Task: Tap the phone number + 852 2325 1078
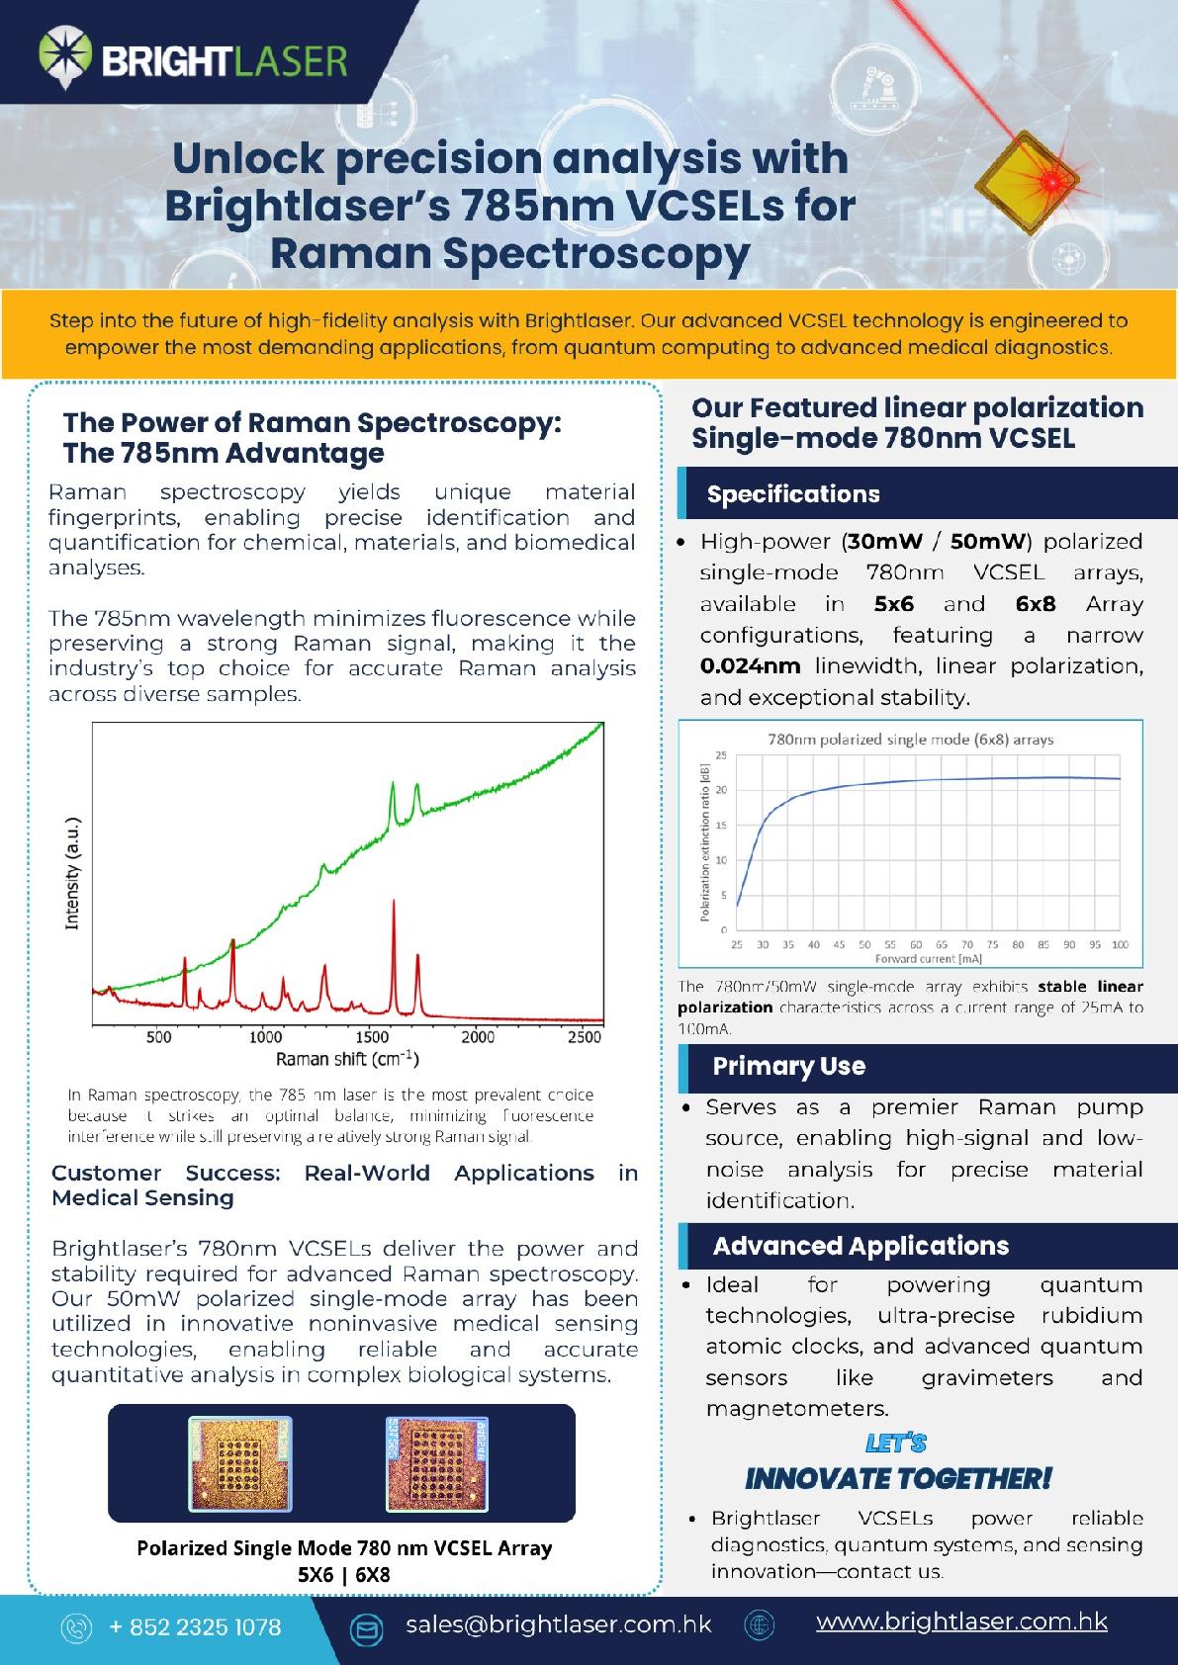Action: [195, 1626]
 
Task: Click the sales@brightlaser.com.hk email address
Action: [558, 1624]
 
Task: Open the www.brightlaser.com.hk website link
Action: [960, 1621]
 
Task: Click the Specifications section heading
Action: [792, 494]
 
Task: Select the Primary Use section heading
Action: [788, 1066]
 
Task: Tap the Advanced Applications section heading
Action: [861, 1246]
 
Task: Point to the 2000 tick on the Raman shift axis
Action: [478, 1037]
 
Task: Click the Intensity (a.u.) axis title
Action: [72, 874]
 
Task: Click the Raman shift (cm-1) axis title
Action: [347, 1060]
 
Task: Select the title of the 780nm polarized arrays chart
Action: [910, 739]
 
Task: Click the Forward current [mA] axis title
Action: [928, 958]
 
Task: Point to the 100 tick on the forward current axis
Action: [1120, 944]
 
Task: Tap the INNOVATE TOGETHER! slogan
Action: [897, 1479]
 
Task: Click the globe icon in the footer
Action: [759, 1625]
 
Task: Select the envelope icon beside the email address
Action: [368, 1627]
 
